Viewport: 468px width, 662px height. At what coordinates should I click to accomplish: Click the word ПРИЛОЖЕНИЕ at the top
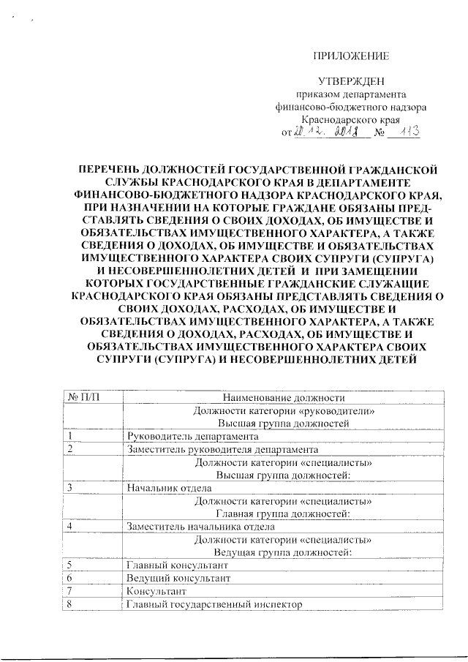pyautogui.click(x=351, y=56)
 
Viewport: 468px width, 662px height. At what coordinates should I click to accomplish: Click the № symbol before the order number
pyautogui.click(x=379, y=133)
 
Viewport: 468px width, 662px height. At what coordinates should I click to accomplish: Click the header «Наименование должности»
pyautogui.click(x=284, y=397)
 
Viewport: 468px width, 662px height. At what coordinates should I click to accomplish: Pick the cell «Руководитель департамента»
pyautogui.click(x=179, y=436)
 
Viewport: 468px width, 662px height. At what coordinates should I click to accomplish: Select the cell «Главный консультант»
pyautogui.click(x=178, y=565)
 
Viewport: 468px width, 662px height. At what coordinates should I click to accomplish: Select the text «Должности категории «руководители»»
pyautogui.click(x=284, y=410)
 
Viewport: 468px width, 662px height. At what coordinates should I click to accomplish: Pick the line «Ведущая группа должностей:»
pyautogui.click(x=284, y=552)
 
